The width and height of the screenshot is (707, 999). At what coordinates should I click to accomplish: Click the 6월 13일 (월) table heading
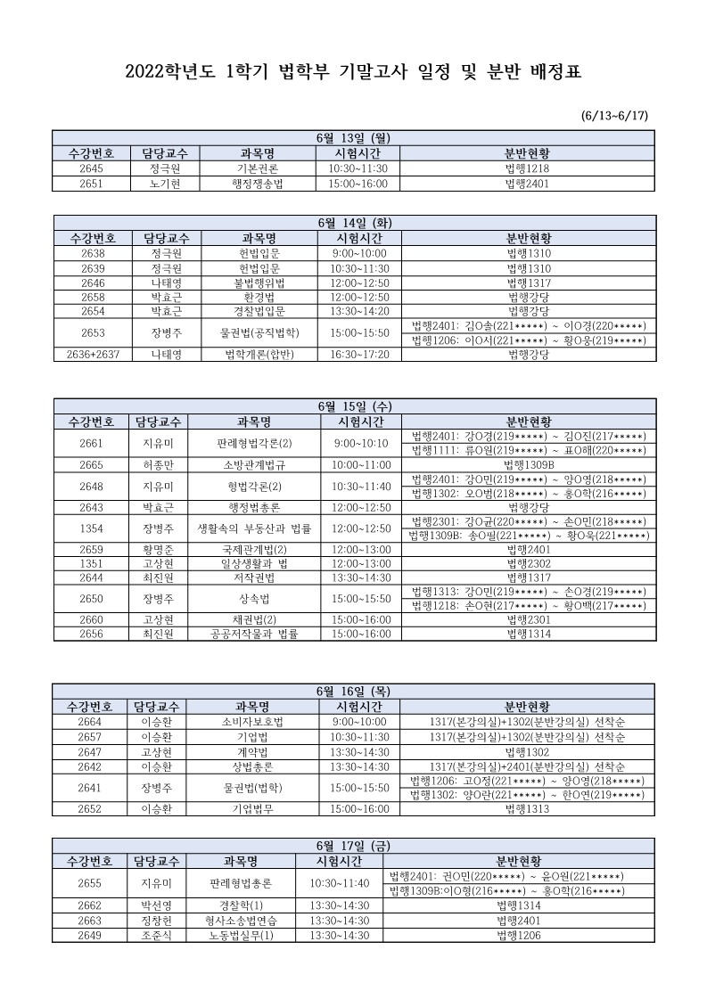click(x=354, y=137)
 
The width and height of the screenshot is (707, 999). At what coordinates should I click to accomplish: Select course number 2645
click(x=91, y=168)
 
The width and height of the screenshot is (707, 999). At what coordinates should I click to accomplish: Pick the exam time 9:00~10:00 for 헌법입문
click(x=352, y=253)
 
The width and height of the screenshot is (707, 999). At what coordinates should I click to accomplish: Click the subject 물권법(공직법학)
click(x=259, y=332)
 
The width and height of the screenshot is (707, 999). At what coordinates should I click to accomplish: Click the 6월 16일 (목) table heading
click(x=354, y=691)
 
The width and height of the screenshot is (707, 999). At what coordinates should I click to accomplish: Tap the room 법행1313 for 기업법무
click(x=530, y=809)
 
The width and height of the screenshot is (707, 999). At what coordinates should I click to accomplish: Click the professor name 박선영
click(x=149, y=905)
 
